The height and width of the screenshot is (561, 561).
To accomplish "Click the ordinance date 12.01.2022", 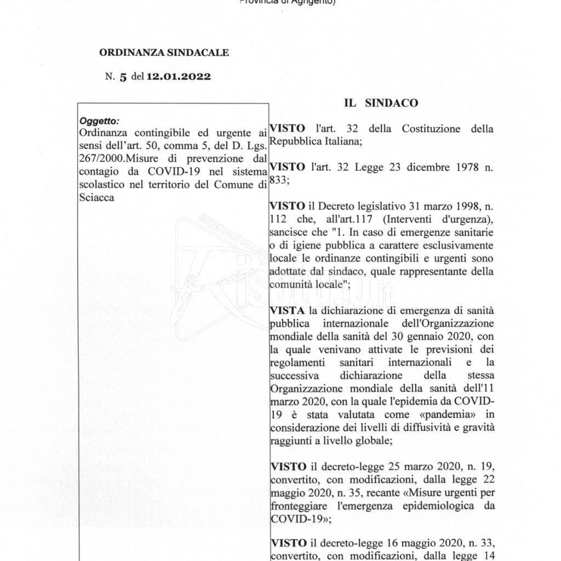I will coord(178,77).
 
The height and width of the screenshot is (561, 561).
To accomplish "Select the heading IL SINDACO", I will coord(381,102).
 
